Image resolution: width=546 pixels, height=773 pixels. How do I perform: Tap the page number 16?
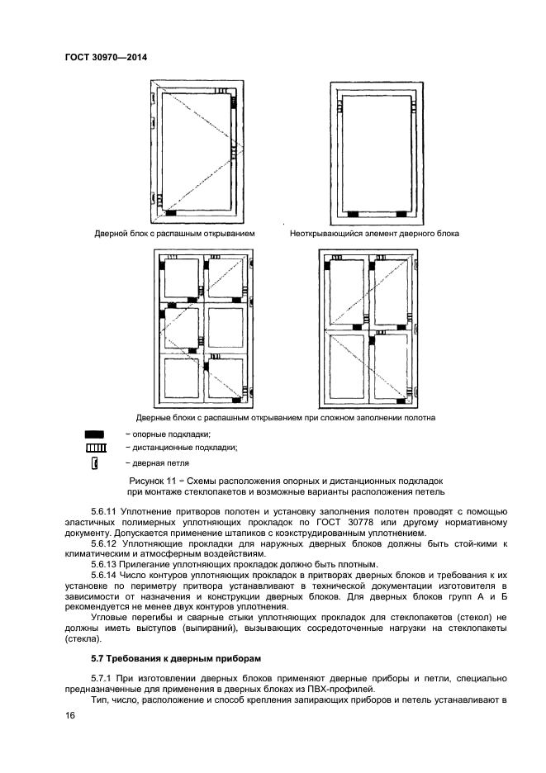69,719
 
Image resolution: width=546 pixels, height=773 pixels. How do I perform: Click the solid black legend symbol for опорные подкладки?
94,434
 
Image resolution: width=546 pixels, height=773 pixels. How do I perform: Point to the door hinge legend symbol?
95,463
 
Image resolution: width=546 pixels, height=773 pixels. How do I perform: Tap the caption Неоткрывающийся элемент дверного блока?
374,234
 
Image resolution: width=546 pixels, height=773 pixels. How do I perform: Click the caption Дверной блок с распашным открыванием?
174,234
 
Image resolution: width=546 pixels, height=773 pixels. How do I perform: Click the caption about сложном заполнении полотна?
286,417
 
